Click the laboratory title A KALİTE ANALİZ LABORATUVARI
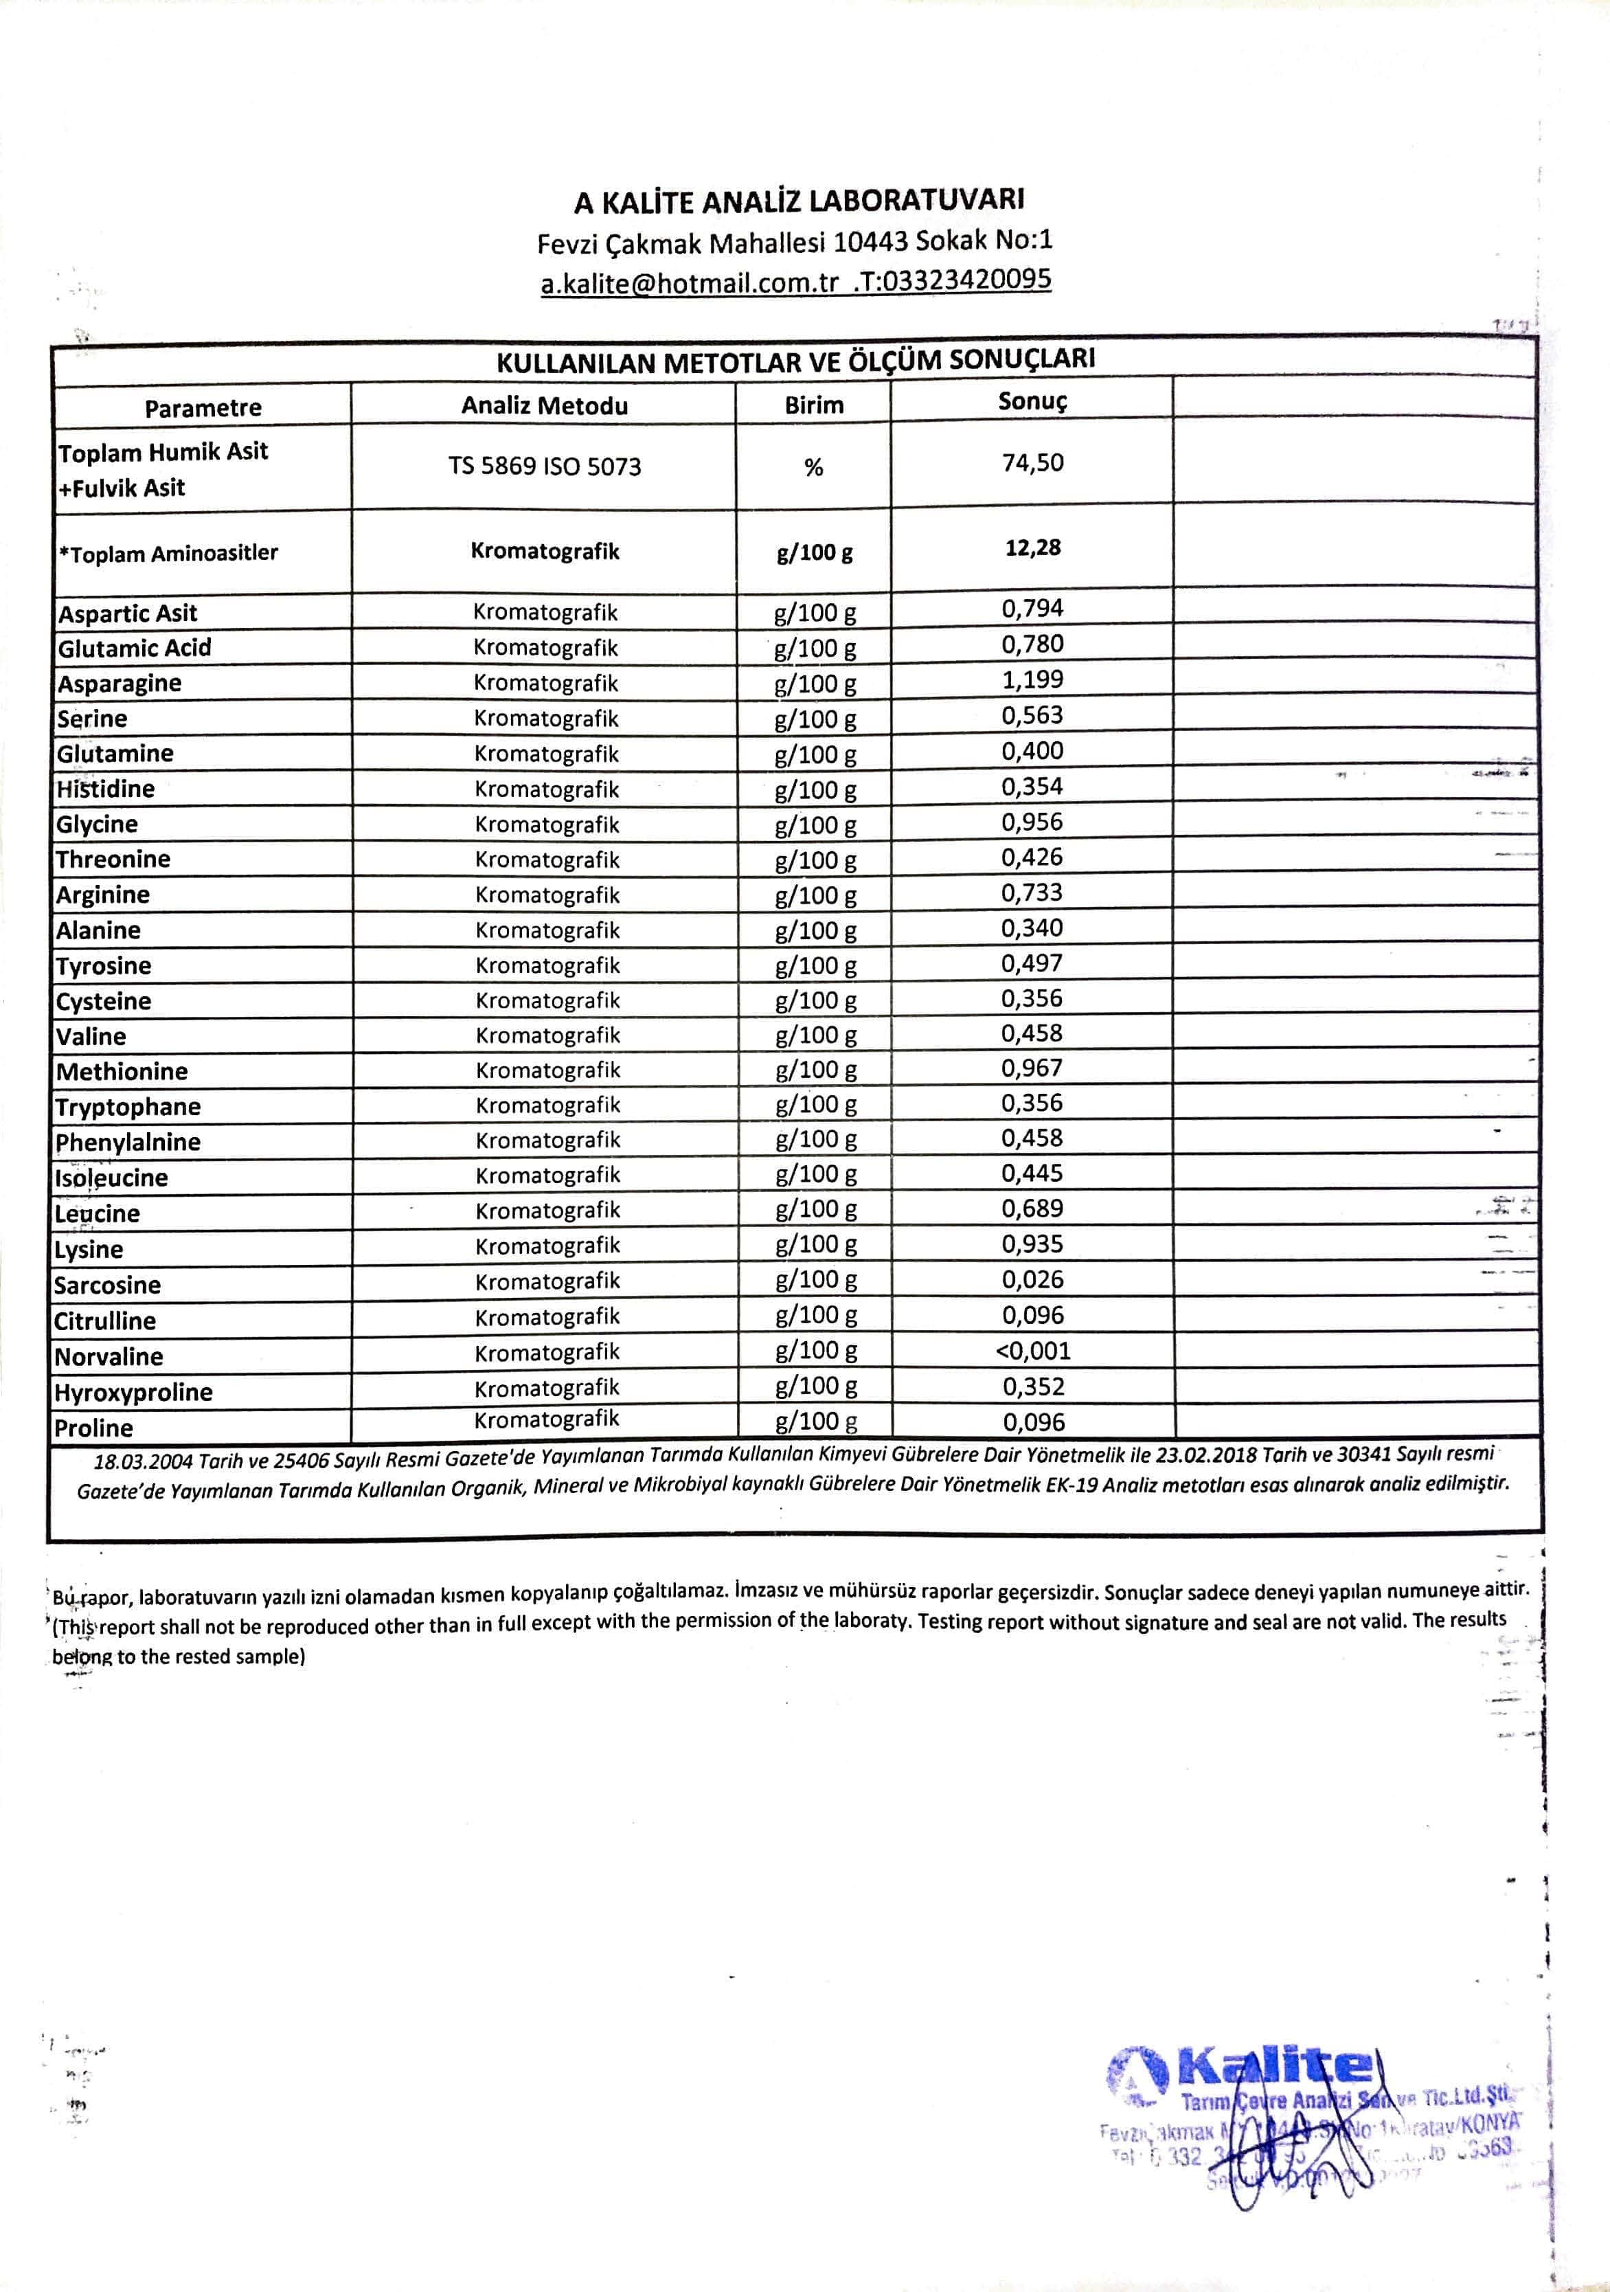point(799,201)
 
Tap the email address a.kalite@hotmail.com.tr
point(690,284)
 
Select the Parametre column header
point(203,407)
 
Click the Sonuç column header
point(1032,401)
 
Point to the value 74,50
point(1032,463)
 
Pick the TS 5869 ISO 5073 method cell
point(544,467)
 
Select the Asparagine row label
point(119,684)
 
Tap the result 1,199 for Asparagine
point(1032,679)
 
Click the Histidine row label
point(105,789)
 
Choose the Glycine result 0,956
point(1032,822)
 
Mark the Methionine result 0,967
point(1032,1068)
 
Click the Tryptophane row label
point(128,1107)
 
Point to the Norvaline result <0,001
point(1032,1351)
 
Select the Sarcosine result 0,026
point(1032,1280)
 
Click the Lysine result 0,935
point(1032,1244)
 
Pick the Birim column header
point(813,404)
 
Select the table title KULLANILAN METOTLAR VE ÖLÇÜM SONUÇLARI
point(795,361)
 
